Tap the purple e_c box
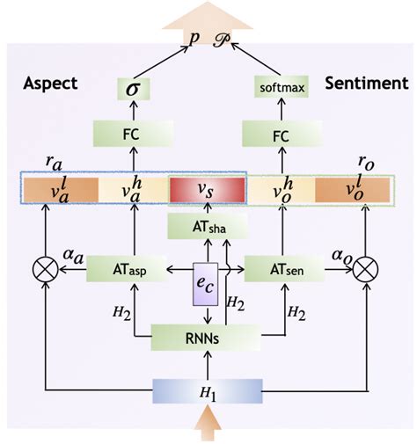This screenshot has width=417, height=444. tap(206, 283)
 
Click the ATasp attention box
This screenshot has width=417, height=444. tap(134, 268)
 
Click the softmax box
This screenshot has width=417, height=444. tap(281, 87)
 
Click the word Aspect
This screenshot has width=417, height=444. tap(49, 84)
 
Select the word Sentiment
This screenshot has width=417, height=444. tap(366, 84)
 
